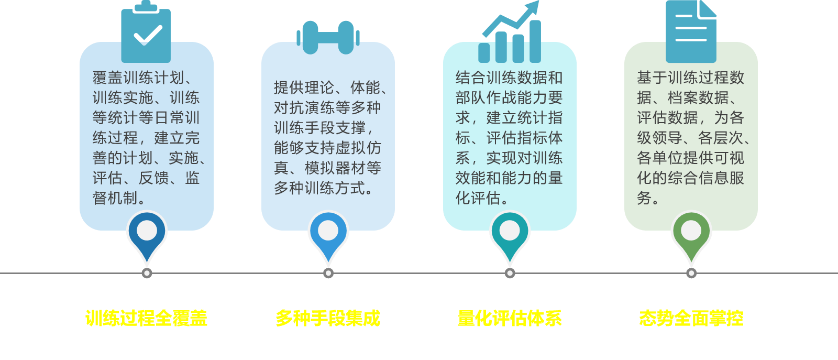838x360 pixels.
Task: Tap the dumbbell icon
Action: click(x=328, y=38)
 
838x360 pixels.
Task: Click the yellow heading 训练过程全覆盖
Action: click(x=146, y=318)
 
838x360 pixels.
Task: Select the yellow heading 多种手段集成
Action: click(x=328, y=318)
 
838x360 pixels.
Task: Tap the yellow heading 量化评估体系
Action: click(x=510, y=318)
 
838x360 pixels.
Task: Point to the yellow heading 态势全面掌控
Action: click(x=691, y=318)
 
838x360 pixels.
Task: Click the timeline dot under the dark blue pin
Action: click(x=147, y=273)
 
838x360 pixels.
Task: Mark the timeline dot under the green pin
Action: click(x=691, y=273)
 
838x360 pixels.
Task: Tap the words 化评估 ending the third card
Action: click(x=478, y=198)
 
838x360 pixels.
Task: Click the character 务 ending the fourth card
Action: click(x=644, y=198)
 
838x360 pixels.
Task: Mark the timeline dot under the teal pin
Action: click(x=510, y=273)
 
